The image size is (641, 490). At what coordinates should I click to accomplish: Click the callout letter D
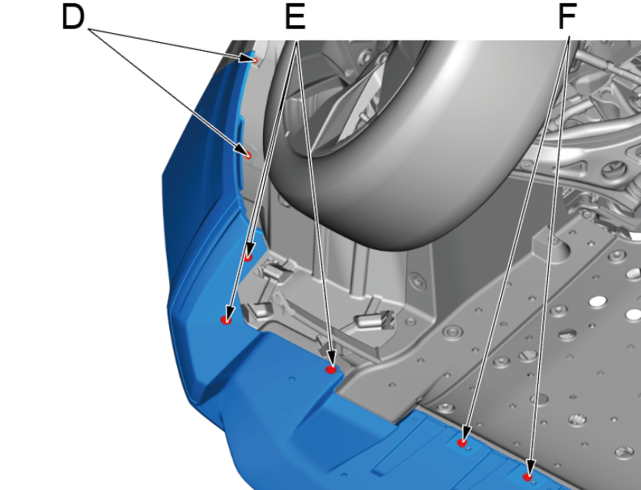click(x=73, y=17)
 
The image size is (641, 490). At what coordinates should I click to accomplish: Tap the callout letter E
click(x=295, y=17)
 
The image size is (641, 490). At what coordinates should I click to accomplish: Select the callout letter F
click(x=567, y=17)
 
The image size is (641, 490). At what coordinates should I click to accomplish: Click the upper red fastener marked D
click(x=255, y=61)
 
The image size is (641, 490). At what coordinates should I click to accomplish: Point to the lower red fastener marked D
click(x=248, y=154)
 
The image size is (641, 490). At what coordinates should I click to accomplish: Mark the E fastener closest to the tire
click(x=248, y=257)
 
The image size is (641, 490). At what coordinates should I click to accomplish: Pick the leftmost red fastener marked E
click(x=226, y=320)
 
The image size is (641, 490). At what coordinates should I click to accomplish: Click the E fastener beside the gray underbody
click(x=331, y=370)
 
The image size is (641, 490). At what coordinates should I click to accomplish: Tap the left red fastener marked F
click(x=462, y=442)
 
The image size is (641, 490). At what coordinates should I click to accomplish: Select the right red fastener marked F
click(x=528, y=476)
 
